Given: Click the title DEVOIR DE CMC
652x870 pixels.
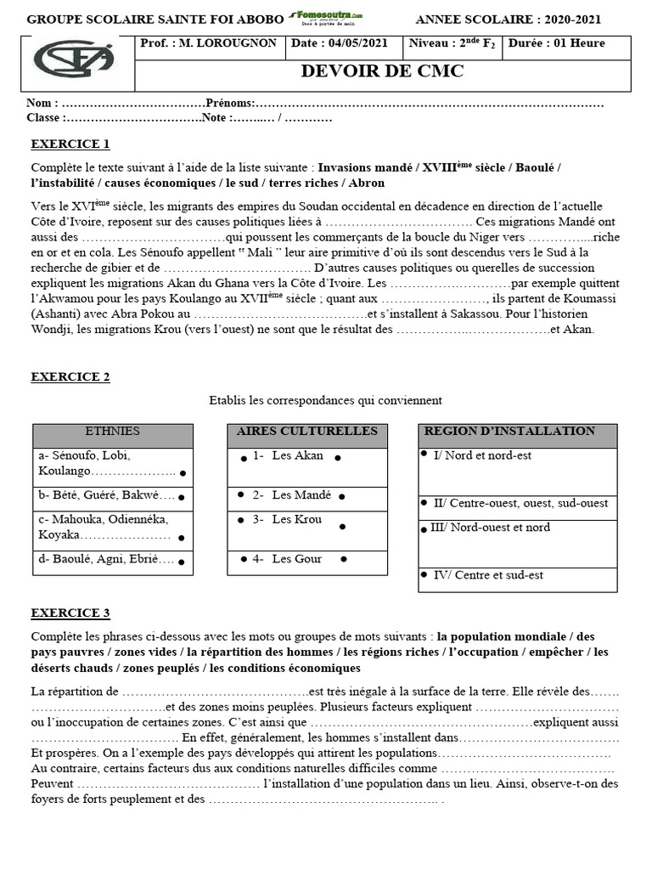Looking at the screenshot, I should [382, 71].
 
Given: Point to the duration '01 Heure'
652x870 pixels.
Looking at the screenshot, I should [567, 43].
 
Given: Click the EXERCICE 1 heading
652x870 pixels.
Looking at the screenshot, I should [70, 144].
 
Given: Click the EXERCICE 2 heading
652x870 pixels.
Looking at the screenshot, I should [70, 377].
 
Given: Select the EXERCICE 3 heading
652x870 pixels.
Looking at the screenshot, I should [70, 613].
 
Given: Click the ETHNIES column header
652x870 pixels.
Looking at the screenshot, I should [113, 432].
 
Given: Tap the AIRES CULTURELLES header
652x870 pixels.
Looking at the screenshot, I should [306, 432].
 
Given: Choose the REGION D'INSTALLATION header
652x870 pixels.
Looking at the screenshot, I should [509, 432].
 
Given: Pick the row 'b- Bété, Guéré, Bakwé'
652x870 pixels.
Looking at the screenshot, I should [107, 495].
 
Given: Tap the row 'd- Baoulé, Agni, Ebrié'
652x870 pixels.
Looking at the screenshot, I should [107, 559].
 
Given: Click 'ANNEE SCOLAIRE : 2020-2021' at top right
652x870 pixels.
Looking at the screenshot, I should [522, 20].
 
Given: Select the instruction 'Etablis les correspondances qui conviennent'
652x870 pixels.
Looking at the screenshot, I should [325, 400].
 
